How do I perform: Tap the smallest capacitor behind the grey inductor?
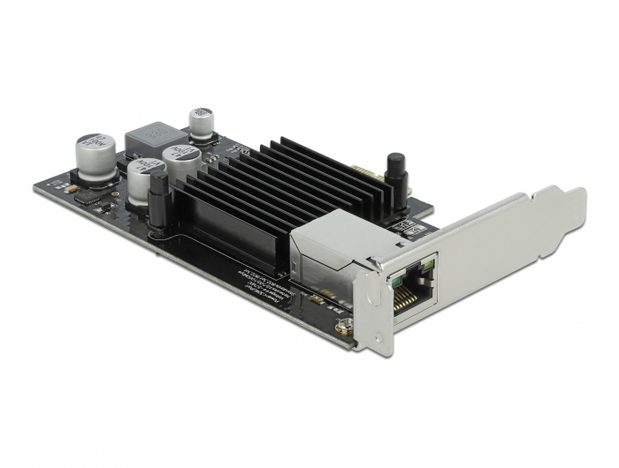tap(202, 123)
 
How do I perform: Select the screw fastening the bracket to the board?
tap(339, 328)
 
